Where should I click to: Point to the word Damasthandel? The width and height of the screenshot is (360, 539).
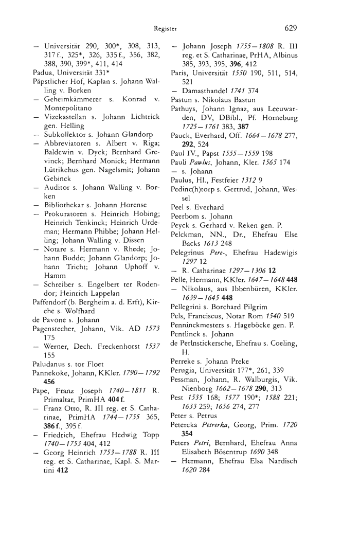click(x=206, y=88)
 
